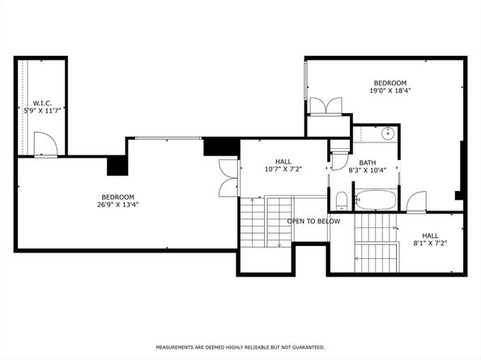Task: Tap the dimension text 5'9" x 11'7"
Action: tap(42, 110)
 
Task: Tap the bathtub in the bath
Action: tap(376, 199)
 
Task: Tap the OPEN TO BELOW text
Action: tap(313, 221)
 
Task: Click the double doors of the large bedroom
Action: tap(227, 177)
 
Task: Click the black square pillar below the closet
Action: tap(117, 165)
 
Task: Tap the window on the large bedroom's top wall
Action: tap(168, 138)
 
